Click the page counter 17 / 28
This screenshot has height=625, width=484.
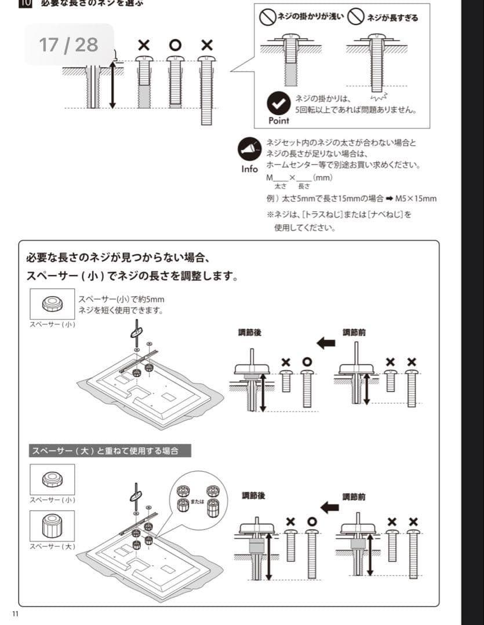pyautogui.click(x=68, y=45)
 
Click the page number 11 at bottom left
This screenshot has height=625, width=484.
pyautogui.click(x=15, y=614)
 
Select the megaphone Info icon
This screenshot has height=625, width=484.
pyautogui.click(x=250, y=149)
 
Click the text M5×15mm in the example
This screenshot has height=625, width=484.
pyautogui.click(x=416, y=198)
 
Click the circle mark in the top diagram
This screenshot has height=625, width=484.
pyautogui.click(x=176, y=45)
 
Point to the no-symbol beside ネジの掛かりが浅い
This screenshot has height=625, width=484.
pyautogui.click(x=267, y=17)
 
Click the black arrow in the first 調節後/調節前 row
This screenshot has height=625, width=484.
pyautogui.click(x=326, y=343)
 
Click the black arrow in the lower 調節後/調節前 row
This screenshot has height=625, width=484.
pyautogui.click(x=329, y=507)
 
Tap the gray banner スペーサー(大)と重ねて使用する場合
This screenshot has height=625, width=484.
pyautogui.click(x=110, y=450)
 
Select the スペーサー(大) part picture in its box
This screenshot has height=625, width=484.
pyautogui.click(x=52, y=525)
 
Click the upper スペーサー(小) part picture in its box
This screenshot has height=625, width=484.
pyautogui.click(x=52, y=304)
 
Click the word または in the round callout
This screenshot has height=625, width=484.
pyautogui.click(x=198, y=501)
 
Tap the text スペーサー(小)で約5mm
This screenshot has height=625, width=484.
pyautogui.click(x=121, y=299)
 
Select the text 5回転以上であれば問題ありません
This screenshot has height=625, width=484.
pyautogui.click(x=355, y=109)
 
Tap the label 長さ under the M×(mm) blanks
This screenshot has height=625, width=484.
pyautogui.click(x=304, y=186)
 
